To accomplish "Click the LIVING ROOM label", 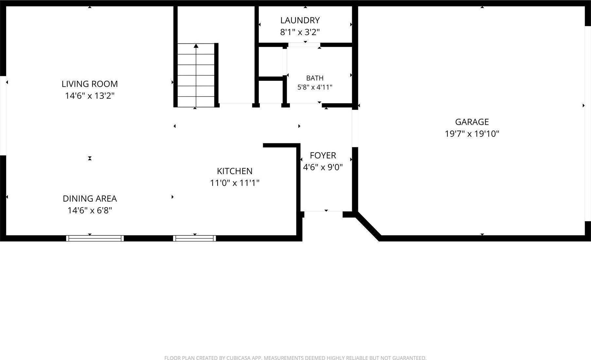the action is tap(90, 84).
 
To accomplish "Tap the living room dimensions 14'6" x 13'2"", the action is tap(90, 96).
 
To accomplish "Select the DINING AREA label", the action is tap(90, 199).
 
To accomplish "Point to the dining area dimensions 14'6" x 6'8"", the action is tap(90, 210).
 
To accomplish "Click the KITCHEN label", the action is tap(235, 171).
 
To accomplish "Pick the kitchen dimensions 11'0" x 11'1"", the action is tap(235, 183).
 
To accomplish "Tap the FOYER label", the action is tap(323, 155).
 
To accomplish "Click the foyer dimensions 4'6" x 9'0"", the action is tap(323, 167).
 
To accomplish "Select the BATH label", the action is tap(315, 78).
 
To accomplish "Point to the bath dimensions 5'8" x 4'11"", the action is tap(315, 87).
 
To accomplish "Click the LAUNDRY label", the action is tap(300, 20).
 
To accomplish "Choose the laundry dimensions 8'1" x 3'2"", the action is tap(300, 32).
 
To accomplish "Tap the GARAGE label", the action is tap(472, 122).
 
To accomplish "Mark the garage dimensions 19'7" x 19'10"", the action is tap(472, 134).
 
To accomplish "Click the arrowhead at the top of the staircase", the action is tap(196, 46).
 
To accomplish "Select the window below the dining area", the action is tap(95, 238).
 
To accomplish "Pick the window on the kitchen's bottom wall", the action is tap(194, 238).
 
